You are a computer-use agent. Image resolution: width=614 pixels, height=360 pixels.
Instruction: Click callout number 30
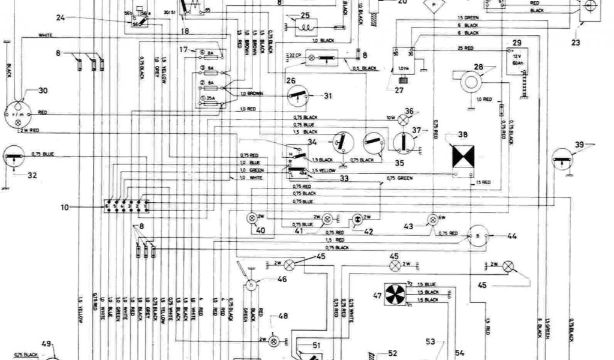pos(42,91)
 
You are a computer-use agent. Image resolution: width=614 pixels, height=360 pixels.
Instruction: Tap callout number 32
pos(32,175)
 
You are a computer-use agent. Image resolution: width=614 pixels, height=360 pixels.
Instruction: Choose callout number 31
pos(327,95)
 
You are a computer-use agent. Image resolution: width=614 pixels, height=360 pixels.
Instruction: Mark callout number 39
pos(579,145)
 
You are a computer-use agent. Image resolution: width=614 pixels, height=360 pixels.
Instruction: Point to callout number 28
pos(478,67)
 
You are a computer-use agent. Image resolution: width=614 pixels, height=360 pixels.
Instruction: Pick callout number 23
pos(576,43)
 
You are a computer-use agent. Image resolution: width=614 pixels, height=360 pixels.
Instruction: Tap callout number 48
pos(282,317)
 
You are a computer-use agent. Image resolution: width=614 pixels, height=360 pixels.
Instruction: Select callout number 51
pos(316,344)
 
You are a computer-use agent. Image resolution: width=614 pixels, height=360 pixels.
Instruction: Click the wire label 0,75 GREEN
pos(400,178)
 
